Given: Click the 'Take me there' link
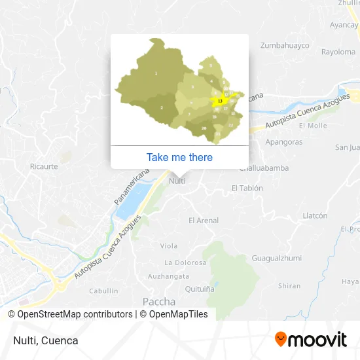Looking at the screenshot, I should [179, 157].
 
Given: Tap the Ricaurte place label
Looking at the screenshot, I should [44, 166].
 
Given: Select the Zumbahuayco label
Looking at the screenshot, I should [285, 45].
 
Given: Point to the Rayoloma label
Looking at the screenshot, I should [338, 52].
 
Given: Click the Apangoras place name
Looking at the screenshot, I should [284, 141].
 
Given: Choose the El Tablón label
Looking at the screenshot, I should [247, 188].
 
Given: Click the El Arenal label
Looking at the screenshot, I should [203, 221].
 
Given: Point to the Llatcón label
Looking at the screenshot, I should [315, 215].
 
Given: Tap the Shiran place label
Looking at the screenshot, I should [289, 285].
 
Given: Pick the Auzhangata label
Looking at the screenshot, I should [168, 277].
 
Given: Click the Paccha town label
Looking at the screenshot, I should [158, 302].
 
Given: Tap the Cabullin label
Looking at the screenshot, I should [103, 291].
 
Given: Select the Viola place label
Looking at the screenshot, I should [169, 246].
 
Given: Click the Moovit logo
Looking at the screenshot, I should [310, 340].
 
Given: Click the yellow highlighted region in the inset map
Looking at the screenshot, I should [221, 101].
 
